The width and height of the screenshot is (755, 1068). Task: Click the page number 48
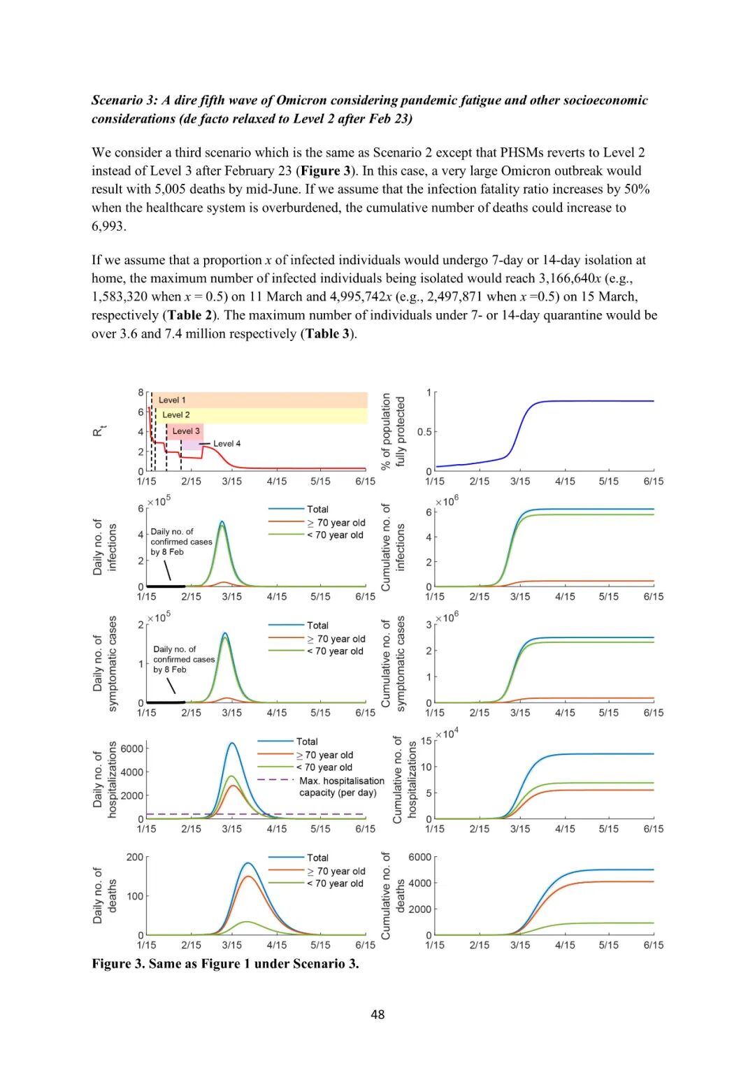pyautogui.click(x=377, y=1014)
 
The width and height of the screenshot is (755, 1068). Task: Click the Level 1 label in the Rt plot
pyautogui.click(x=172, y=400)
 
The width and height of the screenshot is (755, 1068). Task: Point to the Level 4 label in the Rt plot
pyautogui.click(x=226, y=444)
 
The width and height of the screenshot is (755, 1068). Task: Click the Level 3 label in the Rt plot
pyautogui.click(x=186, y=431)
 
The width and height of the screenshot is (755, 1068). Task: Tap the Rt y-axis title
pyautogui.click(x=99, y=431)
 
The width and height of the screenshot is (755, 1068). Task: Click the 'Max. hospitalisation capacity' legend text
pyautogui.click(x=341, y=786)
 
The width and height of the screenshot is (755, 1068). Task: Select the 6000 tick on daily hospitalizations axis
pyautogui.click(x=131, y=749)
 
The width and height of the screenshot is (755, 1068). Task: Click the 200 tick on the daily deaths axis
pyautogui.click(x=134, y=857)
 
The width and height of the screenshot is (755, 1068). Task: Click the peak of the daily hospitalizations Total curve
pyautogui.click(x=232, y=742)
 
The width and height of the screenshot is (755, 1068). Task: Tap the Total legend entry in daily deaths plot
pyautogui.click(x=317, y=858)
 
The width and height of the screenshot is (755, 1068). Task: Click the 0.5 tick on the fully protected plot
pyautogui.click(x=424, y=432)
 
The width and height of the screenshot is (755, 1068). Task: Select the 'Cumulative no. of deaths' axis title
pyautogui.click(x=392, y=895)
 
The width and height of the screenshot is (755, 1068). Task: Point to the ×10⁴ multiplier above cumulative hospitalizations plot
pyautogui.click(x=447, y=734)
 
